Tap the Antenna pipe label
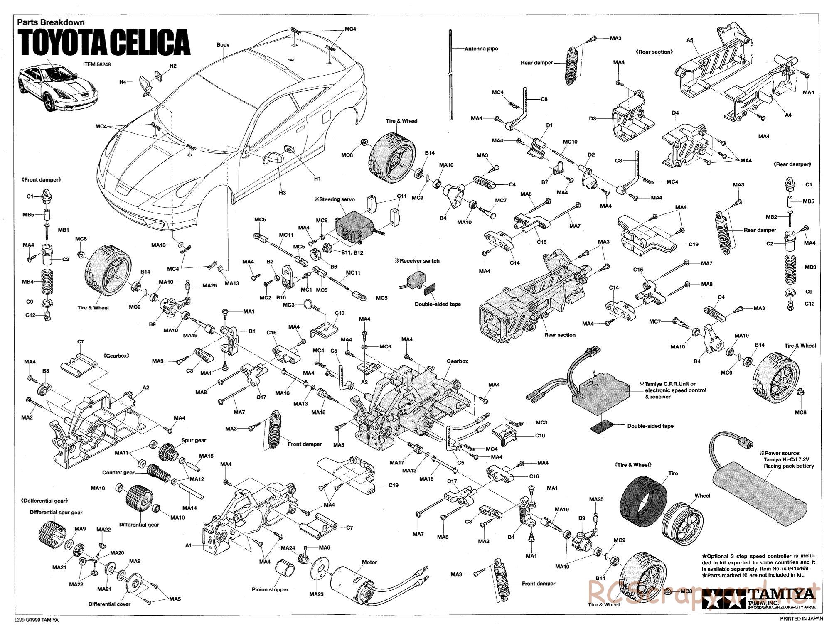click(481, 49)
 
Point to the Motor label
click(369, 562)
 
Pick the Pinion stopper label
click(270, 589)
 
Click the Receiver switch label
click(417, 261)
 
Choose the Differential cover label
click(109, 604)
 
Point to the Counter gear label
click(118, 472)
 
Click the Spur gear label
click(194, 440)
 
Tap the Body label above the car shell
click(223, 44)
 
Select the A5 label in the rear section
click(690, 40)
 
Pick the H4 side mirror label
click(123, 82)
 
